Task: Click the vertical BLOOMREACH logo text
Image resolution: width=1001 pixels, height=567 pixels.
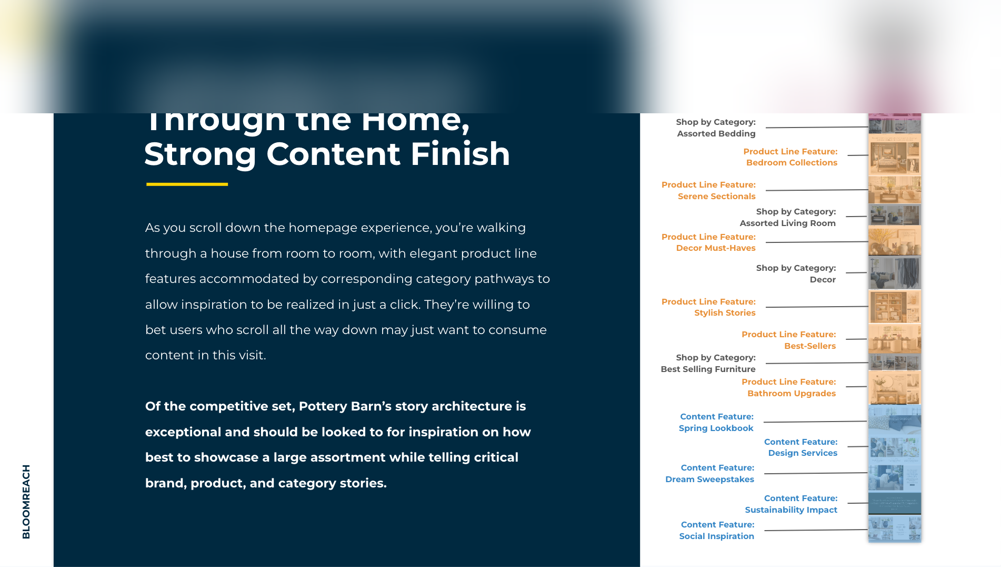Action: pyautogui.click(x=26, y=501)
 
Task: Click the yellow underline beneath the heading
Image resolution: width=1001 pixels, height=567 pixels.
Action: pyautogui.click(x=187, y=184)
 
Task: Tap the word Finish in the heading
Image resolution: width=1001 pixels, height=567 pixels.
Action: pyautogui.click(x=460, y=154)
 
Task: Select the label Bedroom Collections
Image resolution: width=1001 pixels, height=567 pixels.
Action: pyautogui.click(x=792, y=163)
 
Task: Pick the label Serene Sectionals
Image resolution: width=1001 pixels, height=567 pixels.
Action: pyautogui.click(x=716, y=197)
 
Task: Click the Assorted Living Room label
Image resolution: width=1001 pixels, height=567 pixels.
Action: pyautogui.click(x=787, y=223)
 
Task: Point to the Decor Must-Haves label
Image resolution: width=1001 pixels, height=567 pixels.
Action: pyautogui.click(x=715, y=248)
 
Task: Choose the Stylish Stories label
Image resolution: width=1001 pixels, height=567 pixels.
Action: pyautogui.click(x=725, y=313)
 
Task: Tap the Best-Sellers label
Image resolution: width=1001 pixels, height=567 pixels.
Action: pyautogui.click(x=809, y=346)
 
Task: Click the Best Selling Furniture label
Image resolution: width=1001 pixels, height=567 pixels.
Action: pyautogui.click(x=708, y=369)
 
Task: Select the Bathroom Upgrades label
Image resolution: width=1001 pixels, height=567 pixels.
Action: pyautogui.click(x=791, y=394)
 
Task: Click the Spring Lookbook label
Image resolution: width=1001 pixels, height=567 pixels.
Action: pyautogui.click(x=716, y=428)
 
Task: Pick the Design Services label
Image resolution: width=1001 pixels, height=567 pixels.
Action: pyautogui.click(x=802, y=453)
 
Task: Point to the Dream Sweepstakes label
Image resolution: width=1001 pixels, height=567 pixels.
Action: pyautogui.click(x=709, y=480)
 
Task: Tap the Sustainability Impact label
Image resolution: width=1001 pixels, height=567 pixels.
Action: pyautogui.click(x=790, y=510)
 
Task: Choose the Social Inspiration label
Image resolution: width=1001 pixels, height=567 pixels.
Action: pyautogui.click(x=716, y=536)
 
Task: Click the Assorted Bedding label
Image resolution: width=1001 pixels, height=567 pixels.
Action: pyautogui.click(x=716, y=134)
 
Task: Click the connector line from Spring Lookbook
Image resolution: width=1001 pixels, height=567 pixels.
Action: pyautogui.click(x=815, y=422)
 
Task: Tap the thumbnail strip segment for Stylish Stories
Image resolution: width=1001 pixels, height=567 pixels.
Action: pyautogui.click(x=894, y=307)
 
